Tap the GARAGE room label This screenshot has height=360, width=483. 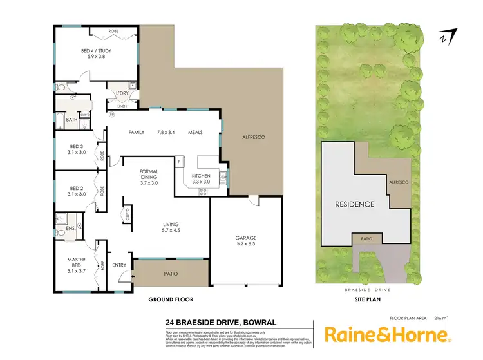246,238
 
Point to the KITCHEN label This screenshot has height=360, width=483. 202,175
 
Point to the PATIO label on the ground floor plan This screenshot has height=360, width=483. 169,274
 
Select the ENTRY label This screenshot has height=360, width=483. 119,264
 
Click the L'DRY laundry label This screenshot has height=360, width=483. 123,94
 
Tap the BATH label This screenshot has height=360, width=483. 71,120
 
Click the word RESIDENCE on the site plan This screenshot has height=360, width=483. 354,204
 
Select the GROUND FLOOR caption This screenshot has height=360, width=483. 171,299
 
